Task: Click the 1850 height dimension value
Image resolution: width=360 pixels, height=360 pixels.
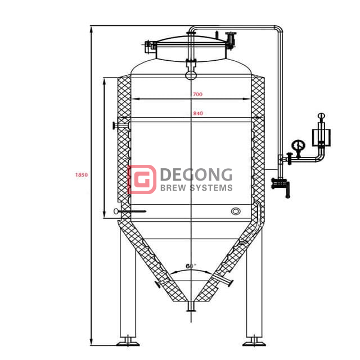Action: pyautogui.click(x=82, y=175)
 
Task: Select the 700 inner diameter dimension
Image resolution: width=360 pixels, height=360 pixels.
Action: pyautogui.click(x=197, y=94)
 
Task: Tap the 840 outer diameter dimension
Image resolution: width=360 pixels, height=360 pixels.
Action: pyautogui.click(x=197, y=114)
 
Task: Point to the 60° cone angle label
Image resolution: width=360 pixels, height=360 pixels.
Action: pyautogui.click(x=191, y=265)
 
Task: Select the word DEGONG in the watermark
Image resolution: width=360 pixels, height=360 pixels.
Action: pyautogui.click(x=196, y=174)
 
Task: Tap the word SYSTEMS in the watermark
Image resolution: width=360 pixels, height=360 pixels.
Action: pyautogui.click(x=213, y=188)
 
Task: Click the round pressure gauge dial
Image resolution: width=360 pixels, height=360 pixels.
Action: pyautogui.click(x=298, y=146)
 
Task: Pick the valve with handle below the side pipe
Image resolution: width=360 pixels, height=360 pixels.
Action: pyautogui.click(x=280, y=184)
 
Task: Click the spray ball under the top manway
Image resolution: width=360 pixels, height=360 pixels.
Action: pyautogui.click(x=191, y=74)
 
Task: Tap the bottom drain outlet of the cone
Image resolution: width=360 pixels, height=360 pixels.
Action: pyautogui.click(x=191, y=307)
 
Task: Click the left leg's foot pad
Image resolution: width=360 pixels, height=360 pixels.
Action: pyautogui.click(x=128, y=341)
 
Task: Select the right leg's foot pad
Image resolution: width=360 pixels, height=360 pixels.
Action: pyautogui.click(x=254, y=341)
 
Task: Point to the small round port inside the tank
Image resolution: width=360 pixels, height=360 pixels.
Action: pyautogui.click(x=236, y=211)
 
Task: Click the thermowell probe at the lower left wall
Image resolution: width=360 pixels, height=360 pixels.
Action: pyautogui.click(x=129, y=211)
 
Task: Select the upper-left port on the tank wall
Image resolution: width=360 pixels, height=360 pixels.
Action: pyautogui.click(x=116, y=125)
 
